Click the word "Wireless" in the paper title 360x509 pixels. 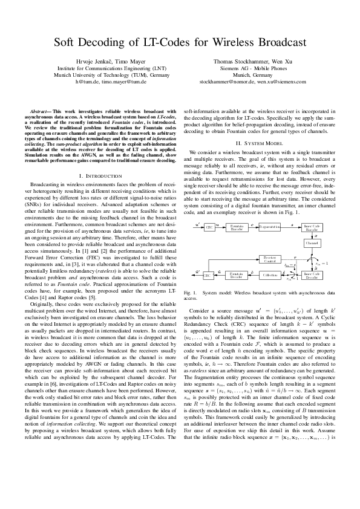tap(231, 43)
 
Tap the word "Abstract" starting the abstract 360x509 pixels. tap(40, 111)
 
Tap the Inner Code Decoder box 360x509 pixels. tap(312, 275)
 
